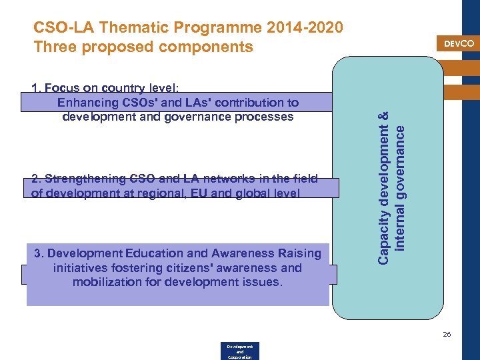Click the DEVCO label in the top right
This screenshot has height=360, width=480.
pos(459,43)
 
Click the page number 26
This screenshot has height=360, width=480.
pos(447,334)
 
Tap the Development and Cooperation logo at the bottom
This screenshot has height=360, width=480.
pos(239,351)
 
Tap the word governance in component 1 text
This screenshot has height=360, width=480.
pos(200,117)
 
